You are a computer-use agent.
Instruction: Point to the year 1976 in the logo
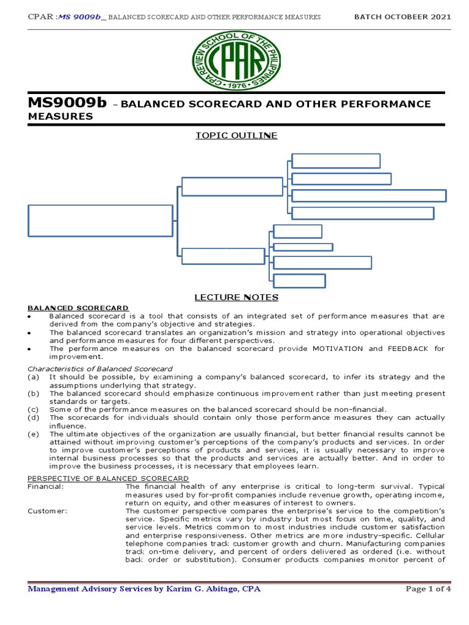234,85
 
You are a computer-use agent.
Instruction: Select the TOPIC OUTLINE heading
236,135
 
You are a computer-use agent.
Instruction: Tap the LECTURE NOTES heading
236,297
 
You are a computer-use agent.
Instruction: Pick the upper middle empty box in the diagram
232,187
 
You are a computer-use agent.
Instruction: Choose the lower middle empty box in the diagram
224,256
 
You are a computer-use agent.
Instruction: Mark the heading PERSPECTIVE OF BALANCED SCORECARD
109,477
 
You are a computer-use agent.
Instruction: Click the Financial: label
46,486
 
